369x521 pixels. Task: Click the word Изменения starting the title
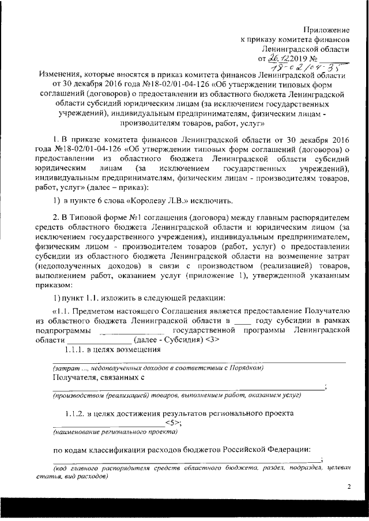tap(60, 75)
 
